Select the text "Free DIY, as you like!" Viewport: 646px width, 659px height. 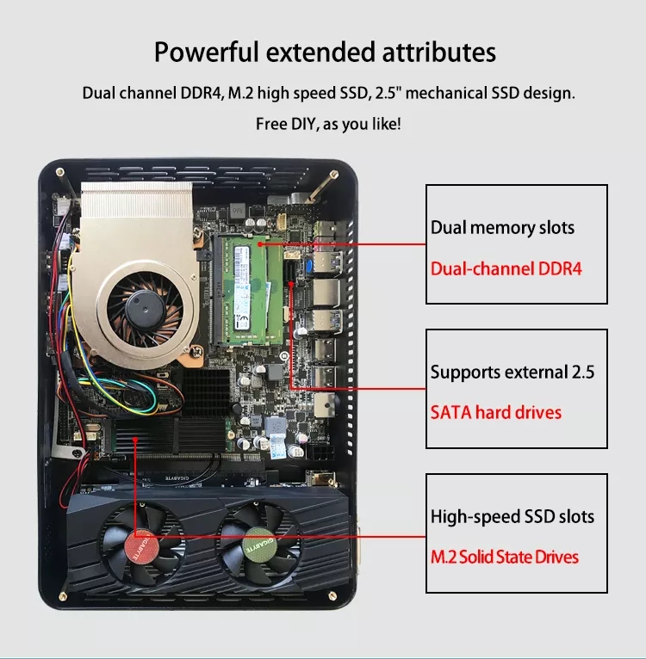(x=328, y=124)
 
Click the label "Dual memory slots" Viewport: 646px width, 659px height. (x=502, y=228)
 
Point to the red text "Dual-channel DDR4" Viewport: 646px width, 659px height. (x=506, y=268)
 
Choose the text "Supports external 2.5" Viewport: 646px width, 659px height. (x=512, y=373)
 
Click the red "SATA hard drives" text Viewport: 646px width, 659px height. (x=495, y=413)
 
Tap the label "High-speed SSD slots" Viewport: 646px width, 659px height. (x=512, y=517)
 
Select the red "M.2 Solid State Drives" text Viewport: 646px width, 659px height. (x=505, y=557)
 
